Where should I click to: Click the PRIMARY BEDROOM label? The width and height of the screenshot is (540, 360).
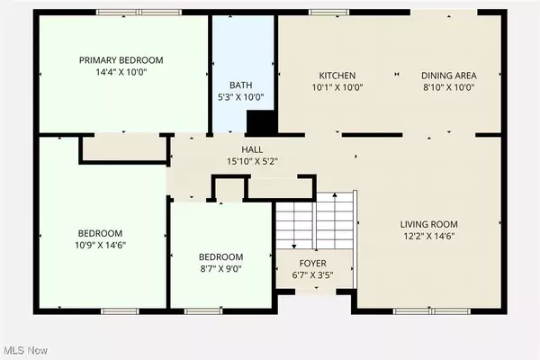coord(121,60)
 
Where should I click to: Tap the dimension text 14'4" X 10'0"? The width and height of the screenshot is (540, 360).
coord(121,72)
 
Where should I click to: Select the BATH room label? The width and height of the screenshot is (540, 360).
coord(240,85)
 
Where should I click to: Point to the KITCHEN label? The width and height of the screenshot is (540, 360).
coord(337,76)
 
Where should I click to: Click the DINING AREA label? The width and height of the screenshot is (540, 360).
coord(449,76)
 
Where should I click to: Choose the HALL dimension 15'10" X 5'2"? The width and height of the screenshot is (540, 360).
coord(252,161)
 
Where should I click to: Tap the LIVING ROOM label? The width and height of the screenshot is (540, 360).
coord(428,224)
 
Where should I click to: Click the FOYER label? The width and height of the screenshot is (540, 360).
coord(312,264)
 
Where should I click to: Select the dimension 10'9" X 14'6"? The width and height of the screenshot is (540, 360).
coord(100,245)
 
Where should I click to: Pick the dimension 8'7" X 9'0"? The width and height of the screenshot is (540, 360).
coord(220,268)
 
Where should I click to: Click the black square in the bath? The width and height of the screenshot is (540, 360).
coord(262,122)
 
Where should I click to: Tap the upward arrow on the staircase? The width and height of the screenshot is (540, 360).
coord(335,220)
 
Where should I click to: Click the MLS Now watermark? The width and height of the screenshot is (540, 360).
coord(26,350)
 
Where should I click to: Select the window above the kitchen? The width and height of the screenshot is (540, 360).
coord(328,13)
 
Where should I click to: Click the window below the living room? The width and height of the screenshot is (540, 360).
coord(432,311)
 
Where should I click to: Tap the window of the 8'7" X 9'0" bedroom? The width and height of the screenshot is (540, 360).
coord(203,311)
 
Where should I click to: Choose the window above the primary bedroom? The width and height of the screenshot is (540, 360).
coord(139,13)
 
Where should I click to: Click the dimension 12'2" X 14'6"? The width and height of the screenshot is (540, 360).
coord(429,236)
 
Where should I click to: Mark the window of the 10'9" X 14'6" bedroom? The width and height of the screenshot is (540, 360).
coord(120,311)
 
